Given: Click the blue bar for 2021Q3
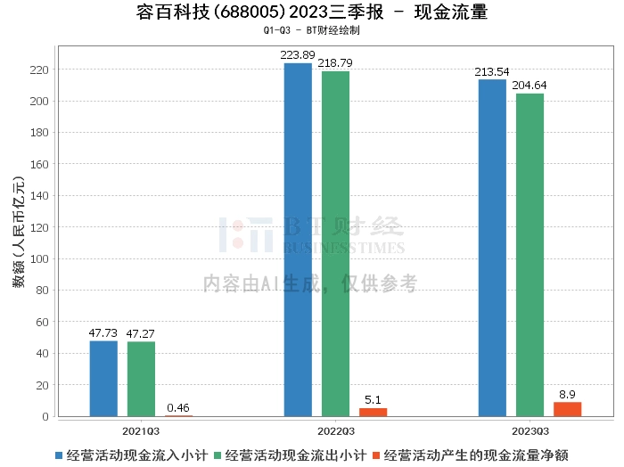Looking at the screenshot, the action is point(103,379).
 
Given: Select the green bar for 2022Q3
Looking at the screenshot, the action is point(335,244).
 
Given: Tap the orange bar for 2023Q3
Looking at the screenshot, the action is point(567,409).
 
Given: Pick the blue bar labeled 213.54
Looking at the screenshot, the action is point(492,249).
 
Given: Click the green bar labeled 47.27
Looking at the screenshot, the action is point(141,379).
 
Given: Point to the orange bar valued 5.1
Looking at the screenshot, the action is point(373,413).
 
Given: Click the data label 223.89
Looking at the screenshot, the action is point(298,55).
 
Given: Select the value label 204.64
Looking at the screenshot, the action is point(530,86).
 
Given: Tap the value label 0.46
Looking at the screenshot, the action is point(178,407).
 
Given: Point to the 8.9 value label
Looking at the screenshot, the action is point(567,394).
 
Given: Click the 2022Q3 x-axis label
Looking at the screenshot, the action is point(336,431).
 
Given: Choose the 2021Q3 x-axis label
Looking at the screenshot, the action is point(141,431).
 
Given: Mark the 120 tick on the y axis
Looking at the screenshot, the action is point(39,227).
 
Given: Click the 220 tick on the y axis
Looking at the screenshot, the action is point(39,70).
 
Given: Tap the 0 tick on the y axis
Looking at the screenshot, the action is point(45,417).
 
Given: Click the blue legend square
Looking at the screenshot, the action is point(59,455).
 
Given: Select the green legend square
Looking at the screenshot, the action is point(218,455).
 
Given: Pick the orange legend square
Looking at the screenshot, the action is point(376,455).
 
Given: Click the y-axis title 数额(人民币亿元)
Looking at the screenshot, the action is point(19,232).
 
